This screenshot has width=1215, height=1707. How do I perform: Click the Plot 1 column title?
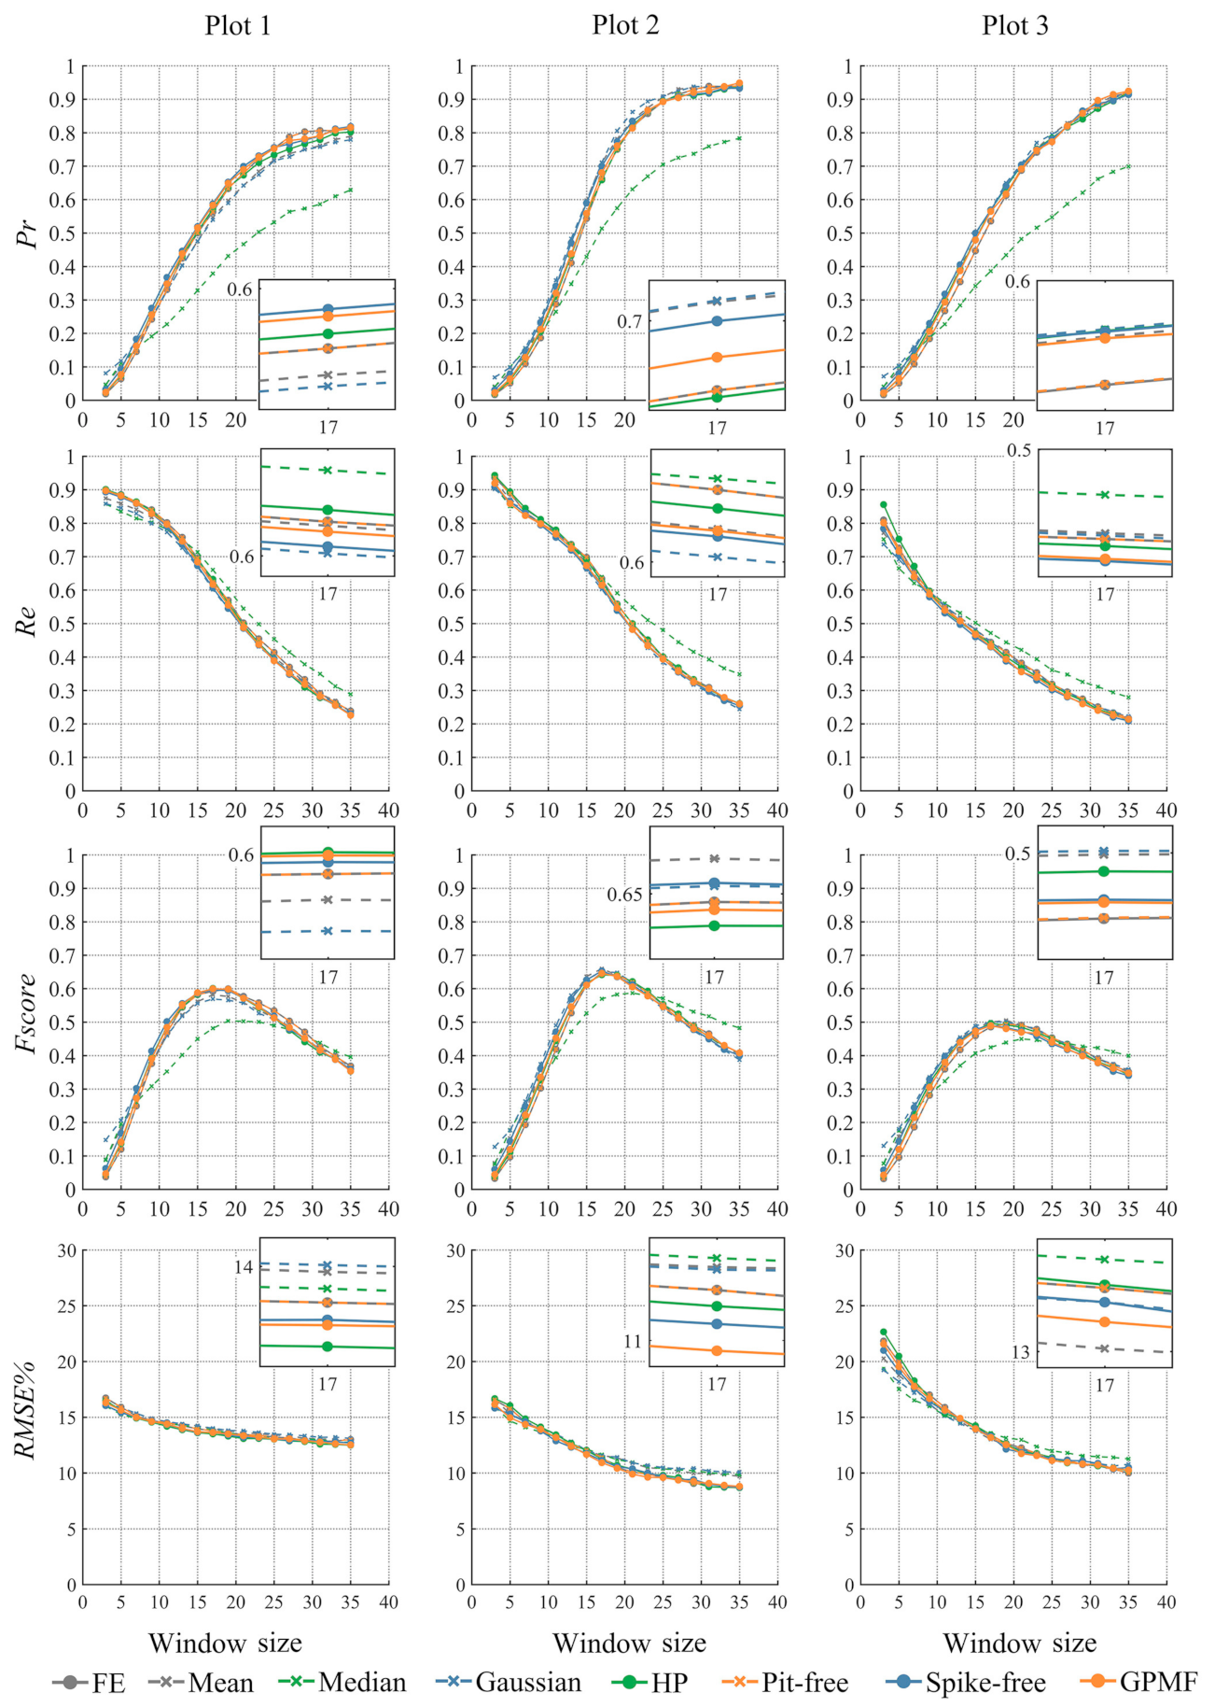tap(238, 26)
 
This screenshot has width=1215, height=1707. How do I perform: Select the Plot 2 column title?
tap(625, 26)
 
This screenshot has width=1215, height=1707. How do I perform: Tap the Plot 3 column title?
tap(1014, 26)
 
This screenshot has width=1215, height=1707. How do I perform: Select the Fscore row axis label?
tap(28, 1013)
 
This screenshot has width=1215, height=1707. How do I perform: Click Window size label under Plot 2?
tap(629, 1643)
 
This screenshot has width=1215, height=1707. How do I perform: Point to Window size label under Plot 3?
tap(1019, 1643)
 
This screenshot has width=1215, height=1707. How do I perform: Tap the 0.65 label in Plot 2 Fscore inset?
tap(624, 895)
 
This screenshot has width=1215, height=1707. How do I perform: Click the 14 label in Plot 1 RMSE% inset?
tap(244, 1267)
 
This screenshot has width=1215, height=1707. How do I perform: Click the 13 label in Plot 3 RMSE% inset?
tap(1021, 1352)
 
